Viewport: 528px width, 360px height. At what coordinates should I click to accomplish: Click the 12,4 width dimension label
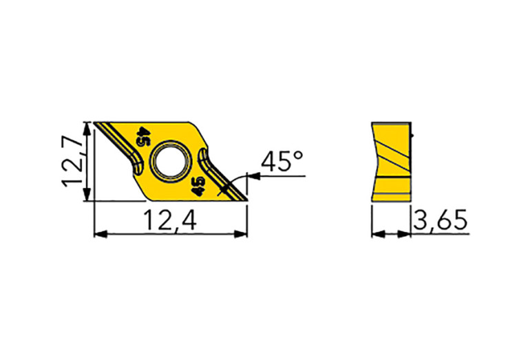[x=170, y=220]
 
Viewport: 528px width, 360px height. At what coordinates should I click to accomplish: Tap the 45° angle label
[x=282, y=161]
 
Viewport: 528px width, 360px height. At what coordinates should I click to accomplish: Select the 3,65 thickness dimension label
[x=441, y=220]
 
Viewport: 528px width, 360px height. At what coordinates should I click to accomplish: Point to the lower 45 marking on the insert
[x=198, y=187]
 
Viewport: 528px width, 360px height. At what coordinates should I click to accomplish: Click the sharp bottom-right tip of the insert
[x=248, y=201]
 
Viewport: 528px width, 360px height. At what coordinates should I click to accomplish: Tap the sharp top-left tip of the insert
[x=94, y=123]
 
